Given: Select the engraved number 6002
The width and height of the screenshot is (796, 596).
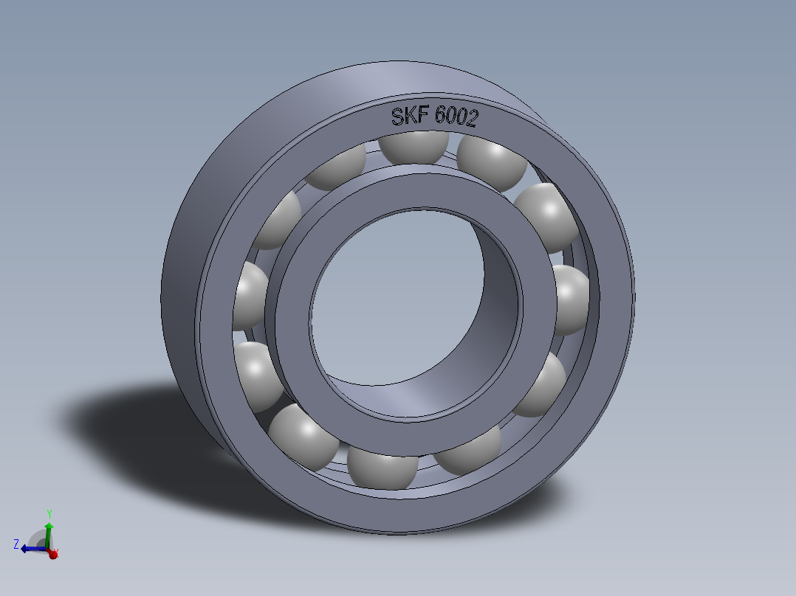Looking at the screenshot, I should pos(456,117).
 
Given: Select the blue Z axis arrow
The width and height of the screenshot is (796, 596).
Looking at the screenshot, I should pos(30,548).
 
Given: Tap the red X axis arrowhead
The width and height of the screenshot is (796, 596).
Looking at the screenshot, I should pos(52,554).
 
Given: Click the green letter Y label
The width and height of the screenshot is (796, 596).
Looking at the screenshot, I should pos(49,512).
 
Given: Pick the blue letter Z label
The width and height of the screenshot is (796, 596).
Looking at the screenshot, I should pos(16,544).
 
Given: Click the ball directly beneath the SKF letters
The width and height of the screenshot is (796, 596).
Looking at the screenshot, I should pos(415,146).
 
